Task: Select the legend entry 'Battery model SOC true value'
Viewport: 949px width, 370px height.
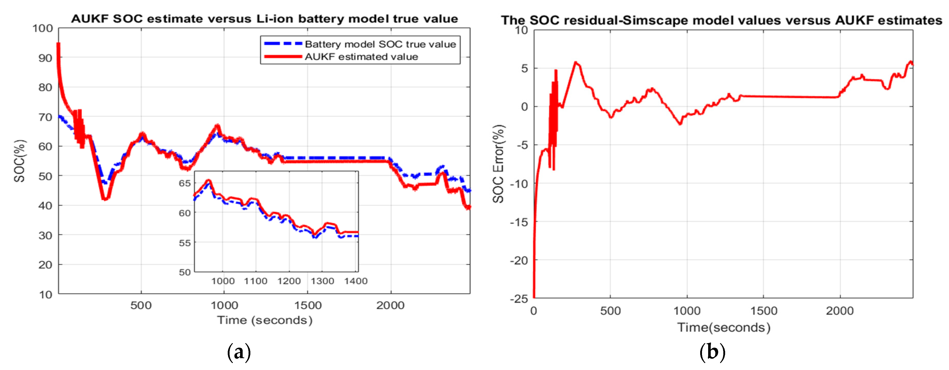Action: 380,44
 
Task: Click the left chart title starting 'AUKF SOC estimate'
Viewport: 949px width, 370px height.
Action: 264,18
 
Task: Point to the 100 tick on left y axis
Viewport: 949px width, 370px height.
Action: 43,28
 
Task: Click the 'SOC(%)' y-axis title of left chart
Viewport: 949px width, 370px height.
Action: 20,161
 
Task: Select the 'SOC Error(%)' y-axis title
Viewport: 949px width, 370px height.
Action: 498,164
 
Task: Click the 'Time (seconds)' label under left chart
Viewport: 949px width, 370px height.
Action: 264,320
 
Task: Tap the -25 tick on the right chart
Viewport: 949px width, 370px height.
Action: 519,299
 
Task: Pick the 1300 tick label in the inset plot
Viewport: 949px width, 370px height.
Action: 322,281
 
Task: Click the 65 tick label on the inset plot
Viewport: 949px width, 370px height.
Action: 185,183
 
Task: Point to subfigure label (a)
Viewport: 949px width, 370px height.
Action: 239,352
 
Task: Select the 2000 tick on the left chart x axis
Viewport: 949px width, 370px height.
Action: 390,305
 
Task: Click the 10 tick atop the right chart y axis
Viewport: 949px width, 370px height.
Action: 522,30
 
